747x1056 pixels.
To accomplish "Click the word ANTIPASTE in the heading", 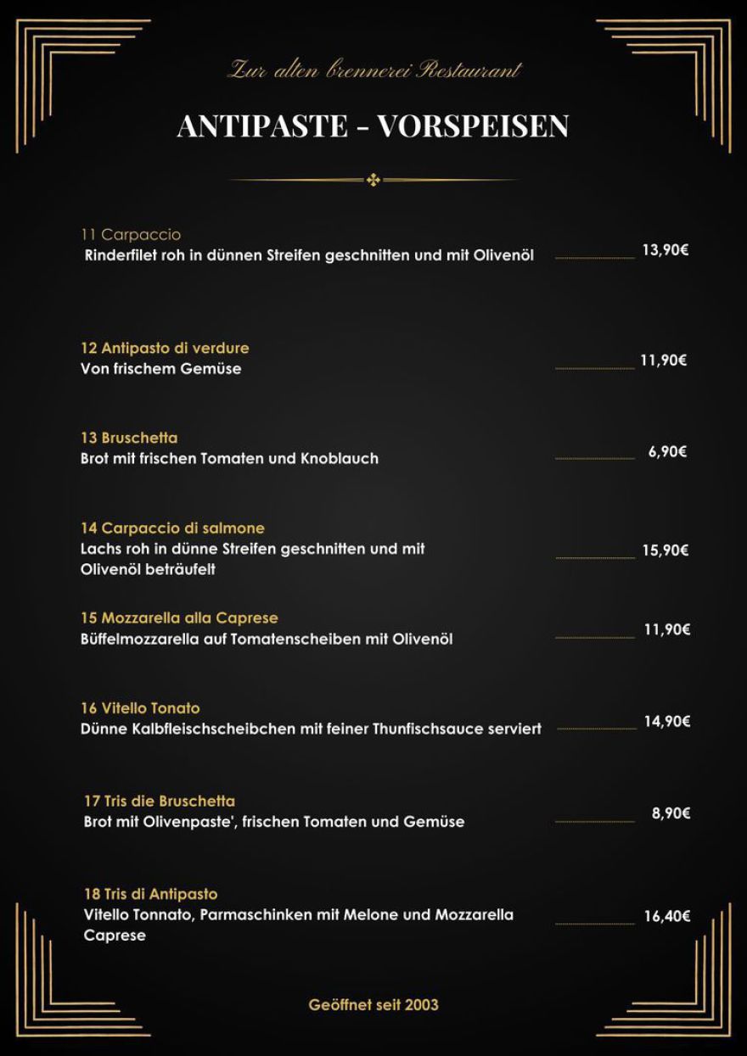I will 263,126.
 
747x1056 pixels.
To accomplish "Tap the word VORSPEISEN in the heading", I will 473,126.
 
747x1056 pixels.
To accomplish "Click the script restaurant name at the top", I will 373,70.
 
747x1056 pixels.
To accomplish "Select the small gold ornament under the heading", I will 373,180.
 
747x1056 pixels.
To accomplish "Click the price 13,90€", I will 665,250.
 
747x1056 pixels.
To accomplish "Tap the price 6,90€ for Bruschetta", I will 667,451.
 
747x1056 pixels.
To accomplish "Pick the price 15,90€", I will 665,550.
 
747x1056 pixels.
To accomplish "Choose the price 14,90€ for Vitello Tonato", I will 666,722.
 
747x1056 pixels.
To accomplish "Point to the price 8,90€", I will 671,813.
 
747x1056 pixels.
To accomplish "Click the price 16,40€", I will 666,916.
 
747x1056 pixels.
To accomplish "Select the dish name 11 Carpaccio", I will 131,235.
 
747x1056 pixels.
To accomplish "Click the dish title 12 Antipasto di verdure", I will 165,348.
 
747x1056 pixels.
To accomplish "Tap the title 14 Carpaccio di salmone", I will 172,528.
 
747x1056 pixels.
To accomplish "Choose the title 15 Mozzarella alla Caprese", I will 179,617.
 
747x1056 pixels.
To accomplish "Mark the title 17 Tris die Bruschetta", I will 160,801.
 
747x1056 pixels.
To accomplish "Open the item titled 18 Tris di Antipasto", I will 150,894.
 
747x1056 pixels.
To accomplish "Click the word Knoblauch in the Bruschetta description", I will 340,459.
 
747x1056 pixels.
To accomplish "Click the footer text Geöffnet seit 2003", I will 373,1004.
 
